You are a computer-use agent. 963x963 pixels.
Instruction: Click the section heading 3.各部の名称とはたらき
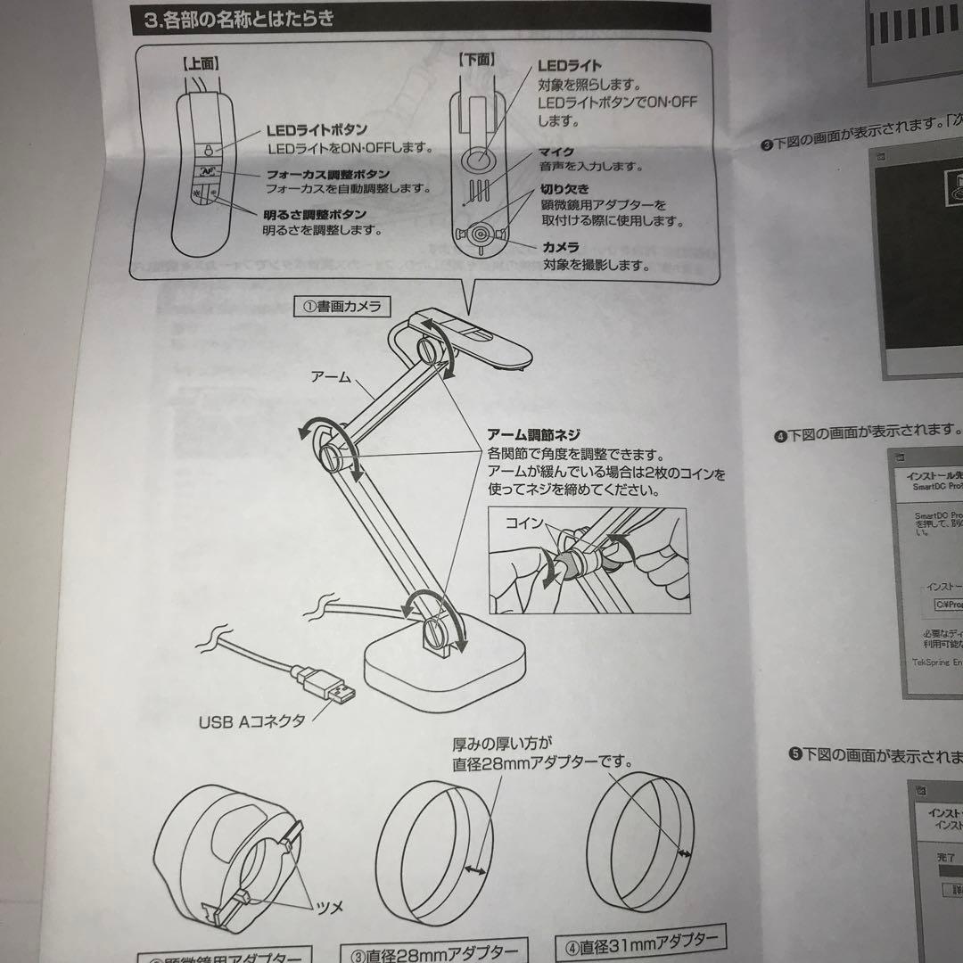click(239, 19)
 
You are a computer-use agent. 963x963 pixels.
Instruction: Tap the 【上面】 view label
click(202, 64)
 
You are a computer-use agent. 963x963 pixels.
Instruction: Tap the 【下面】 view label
click(476, 61)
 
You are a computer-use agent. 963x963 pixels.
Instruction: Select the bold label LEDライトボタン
click(317, 130)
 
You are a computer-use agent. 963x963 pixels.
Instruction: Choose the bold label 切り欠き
click(564, 189)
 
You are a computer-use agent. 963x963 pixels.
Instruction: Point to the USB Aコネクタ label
click(251, 720)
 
